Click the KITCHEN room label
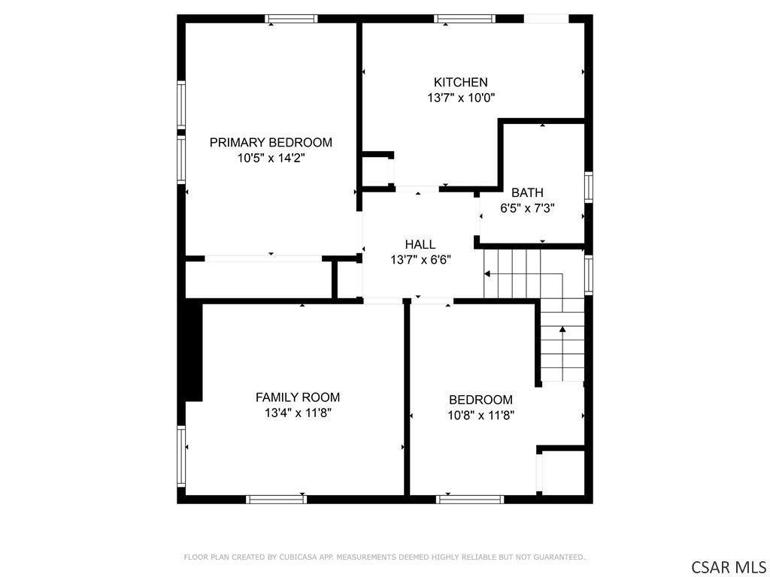[x=460, y=82]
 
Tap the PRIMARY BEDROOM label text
[x=271, y=142]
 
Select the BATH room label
[x=527, y=192]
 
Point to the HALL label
[x=420, y=244]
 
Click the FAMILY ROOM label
[x=298, y=397]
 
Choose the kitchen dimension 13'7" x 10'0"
[x=461, y=98]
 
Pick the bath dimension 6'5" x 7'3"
[x=527, y=208]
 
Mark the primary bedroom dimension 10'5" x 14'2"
[x=271, y=158]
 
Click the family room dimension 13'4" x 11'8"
[x=298, y=412]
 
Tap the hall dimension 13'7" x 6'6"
[x=420, y=260]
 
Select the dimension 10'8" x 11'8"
[x=480, y=415]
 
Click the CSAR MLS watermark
[x=728, y=566]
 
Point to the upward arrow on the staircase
[x=562, y=353]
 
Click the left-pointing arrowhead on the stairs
[x=487, y=273]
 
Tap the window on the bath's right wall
[x=588, y=187]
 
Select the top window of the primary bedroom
[x=291, y=19]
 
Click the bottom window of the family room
[x=277, y=500]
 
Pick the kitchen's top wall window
[x=465, y=19]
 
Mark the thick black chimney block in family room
[x=194, y=350]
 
